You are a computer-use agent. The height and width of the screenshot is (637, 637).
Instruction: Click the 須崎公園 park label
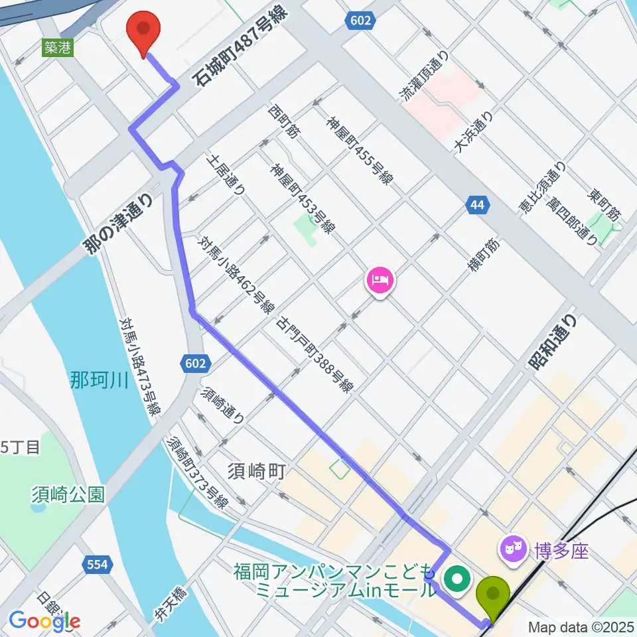[68, 494]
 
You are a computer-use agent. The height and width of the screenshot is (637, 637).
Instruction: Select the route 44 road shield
[477, 204]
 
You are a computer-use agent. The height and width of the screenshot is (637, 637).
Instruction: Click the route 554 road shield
[98, 565]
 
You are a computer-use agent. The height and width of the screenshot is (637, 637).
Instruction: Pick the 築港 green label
[57, 48]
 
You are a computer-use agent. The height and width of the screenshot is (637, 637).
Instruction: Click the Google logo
[44, 620]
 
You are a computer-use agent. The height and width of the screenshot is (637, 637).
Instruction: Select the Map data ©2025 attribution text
[580, 626]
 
